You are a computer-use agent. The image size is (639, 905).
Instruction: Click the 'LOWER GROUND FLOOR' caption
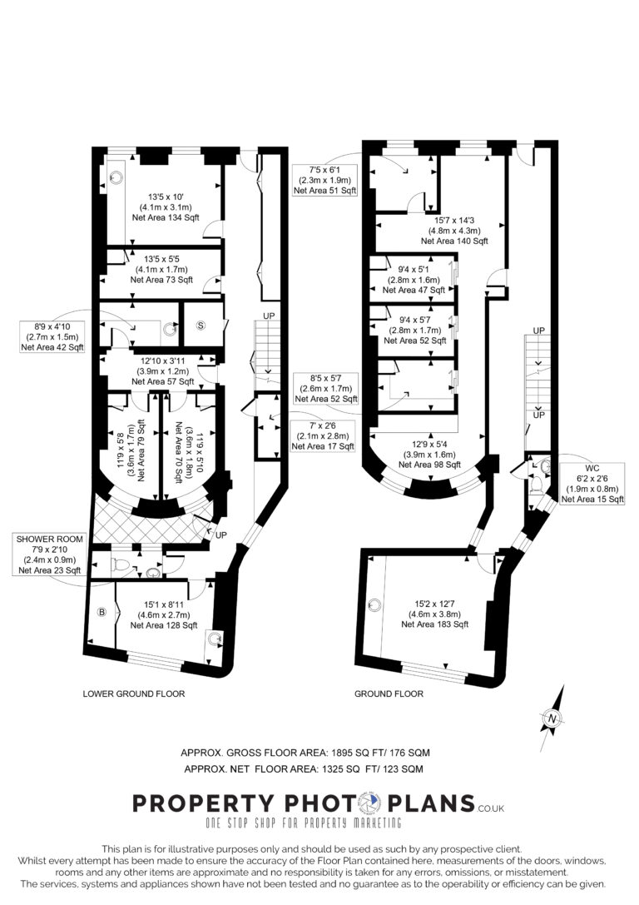[134, 694]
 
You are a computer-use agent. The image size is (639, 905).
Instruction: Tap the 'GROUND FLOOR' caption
[389, 694]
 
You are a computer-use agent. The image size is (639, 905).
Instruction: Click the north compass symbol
[552, 719]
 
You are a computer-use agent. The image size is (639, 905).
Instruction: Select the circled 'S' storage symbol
[201, 326]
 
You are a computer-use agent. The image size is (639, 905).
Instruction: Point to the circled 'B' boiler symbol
[102, 612]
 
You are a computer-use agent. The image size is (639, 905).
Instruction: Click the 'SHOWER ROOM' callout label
[50, 539]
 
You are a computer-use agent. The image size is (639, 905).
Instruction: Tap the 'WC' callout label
[592, 468]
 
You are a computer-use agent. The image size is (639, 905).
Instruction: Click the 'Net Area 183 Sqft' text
[435, 624]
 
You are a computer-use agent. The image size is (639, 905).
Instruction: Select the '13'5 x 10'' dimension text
[166, 196]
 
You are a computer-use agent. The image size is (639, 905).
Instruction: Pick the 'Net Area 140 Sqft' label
[454, 241]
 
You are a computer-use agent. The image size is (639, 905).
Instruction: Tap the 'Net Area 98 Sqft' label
[429, 465]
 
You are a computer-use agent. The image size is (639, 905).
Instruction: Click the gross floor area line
[305, 753]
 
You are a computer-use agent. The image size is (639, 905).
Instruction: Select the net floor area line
[304, 768]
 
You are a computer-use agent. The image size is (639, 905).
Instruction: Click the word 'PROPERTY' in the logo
[204, 803]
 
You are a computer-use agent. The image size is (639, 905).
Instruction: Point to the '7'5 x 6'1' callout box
[325, 180]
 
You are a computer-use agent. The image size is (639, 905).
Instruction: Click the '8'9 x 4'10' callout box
[52, 337]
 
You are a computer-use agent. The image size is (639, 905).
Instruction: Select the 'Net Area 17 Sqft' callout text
[323, 446]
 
